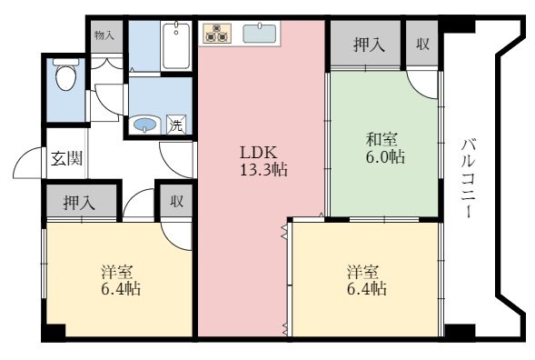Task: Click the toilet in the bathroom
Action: tap(65, 74)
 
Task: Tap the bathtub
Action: tap(176, 45)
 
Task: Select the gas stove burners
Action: tap(217, 33)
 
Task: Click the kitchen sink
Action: tap(260, 34)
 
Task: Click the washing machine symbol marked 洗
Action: tap(176, 125)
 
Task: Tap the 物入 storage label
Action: tap(104, 35)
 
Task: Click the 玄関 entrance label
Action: tap(67, 158)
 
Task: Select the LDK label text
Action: tap(258, 153)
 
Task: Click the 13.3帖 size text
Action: tap(263, 169)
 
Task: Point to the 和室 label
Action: tap(381, 139)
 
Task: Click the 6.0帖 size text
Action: tap(385, 157)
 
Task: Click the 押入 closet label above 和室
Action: tap(369, 45)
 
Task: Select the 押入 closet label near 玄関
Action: tap(79, 203)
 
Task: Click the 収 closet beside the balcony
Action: tap(422, 44)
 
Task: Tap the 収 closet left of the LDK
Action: tap(177, 201)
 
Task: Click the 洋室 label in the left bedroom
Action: tap(116, 272)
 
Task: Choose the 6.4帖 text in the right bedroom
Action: tap(367, 289)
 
